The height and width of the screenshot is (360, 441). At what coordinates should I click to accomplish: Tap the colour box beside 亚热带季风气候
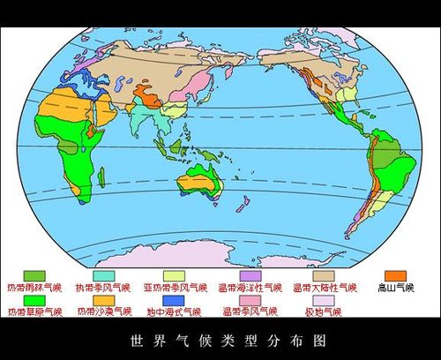(176, 276)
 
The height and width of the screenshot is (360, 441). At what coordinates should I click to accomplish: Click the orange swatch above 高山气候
(395, 276)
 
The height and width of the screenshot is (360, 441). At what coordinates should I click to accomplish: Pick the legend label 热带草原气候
(35, 311)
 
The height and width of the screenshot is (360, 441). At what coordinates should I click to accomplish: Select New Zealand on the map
(241, 205)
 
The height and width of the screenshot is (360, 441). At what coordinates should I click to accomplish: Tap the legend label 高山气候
(393, 288)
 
